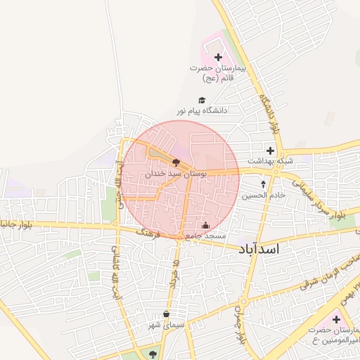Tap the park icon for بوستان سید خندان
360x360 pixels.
pos(175,162)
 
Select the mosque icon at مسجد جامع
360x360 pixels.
pos(205,225)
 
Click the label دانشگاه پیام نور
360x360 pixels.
pos(202,111)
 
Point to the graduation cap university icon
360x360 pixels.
pos(202,101)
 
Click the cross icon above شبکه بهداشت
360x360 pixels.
pos(270,150)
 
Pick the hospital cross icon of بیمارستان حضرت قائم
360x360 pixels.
pos(217,57)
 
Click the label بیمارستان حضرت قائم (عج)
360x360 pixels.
pos(220,73)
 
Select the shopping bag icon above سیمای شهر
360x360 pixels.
pos(166,314)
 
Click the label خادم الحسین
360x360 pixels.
pos(264,195)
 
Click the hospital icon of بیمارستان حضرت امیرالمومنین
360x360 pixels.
pos(335,321)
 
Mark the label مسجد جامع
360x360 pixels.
pos(205,236)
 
